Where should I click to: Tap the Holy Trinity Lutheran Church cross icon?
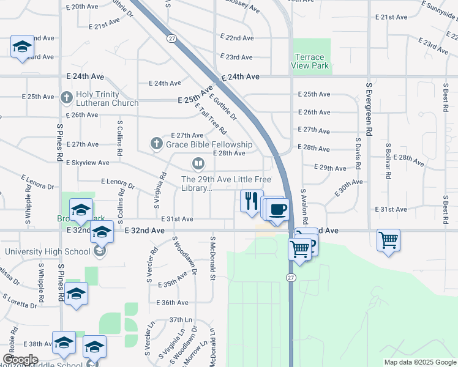[x=67, y=97]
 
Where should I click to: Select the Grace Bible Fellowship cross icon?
[x=156, y=144]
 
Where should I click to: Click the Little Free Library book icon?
[x=198, y=163]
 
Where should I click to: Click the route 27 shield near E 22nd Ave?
[x=172, y=38]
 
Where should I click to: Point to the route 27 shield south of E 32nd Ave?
[x=289, y=278]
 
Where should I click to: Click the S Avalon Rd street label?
[x=303, y=206]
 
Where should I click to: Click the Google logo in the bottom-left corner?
[x=20, y=360]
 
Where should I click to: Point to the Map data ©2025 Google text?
[x=419, y=362]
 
